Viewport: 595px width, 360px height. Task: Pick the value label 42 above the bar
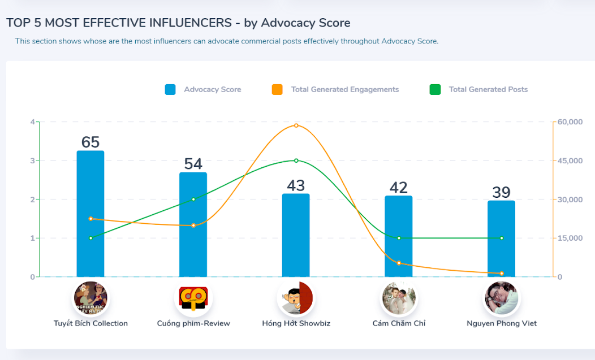coord(399,188)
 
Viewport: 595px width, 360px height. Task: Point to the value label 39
coord(501,193)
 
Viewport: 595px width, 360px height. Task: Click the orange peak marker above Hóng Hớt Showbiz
coord(296,125)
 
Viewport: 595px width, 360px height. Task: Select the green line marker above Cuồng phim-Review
coord(193,199)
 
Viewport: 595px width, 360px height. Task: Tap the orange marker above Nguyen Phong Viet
coord(502,274)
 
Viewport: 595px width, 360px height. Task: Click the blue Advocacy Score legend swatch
coord(170,89)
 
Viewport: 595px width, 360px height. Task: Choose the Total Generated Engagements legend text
coord(344,89)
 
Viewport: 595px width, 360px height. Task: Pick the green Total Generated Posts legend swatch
coord(435,89)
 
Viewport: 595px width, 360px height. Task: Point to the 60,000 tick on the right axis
coord(570,122)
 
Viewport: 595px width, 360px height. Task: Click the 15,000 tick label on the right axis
coord(570,238)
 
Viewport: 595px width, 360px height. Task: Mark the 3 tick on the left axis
coord(33,161)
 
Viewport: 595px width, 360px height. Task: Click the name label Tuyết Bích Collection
coord(90,323)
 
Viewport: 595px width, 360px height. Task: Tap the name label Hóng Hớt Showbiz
coord(296,323)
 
